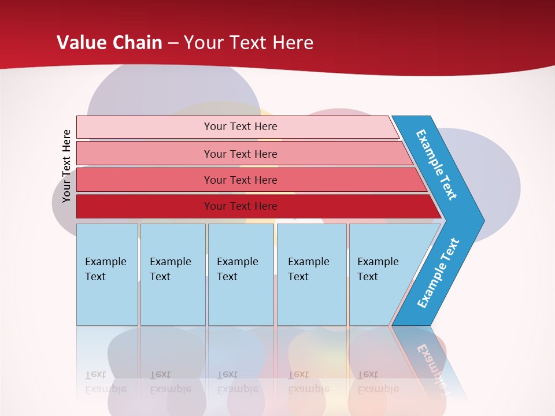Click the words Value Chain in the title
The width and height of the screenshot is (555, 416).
pos(109,42)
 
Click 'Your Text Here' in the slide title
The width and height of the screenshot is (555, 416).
pos(249,42)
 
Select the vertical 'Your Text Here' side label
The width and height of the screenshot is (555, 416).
pos(66,166)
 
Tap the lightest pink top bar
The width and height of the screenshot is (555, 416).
pos(145,127)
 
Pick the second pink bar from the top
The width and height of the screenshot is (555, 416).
pos(145,154)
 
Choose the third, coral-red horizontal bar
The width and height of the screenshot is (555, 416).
pos(145,180)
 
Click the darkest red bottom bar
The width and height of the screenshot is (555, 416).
pos(145,206)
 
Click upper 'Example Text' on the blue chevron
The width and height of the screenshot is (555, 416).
pos(436,165)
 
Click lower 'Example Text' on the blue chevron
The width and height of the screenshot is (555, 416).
pos(438,273)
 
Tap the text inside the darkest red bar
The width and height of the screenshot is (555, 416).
pos(240,206)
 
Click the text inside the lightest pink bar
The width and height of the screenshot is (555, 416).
pos(240,127)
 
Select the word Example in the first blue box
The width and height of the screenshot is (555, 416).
pos(105,262)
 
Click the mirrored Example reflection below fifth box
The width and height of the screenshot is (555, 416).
pos(378,389)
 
